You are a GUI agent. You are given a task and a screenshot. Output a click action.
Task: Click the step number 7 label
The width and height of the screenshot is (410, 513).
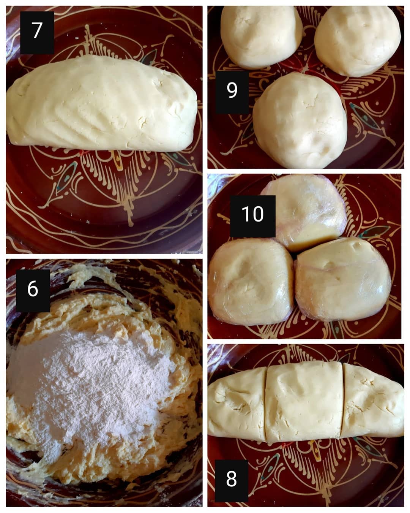point(37,32)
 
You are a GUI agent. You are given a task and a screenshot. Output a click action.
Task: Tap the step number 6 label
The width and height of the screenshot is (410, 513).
point(33,290)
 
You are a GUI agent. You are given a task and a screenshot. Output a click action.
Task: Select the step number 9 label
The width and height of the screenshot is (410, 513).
point(232,92)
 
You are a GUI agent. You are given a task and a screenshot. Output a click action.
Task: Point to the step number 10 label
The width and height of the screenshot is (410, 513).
point(253,216)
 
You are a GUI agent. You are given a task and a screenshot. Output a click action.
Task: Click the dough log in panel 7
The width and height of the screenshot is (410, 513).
point(102,104)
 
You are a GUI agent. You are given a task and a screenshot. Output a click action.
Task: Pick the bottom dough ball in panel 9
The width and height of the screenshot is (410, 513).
point(300,120)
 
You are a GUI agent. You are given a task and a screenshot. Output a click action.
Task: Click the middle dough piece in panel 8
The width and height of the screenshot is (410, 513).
point(305,401)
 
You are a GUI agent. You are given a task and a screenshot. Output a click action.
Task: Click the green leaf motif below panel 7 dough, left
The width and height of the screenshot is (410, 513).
point(67,175)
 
